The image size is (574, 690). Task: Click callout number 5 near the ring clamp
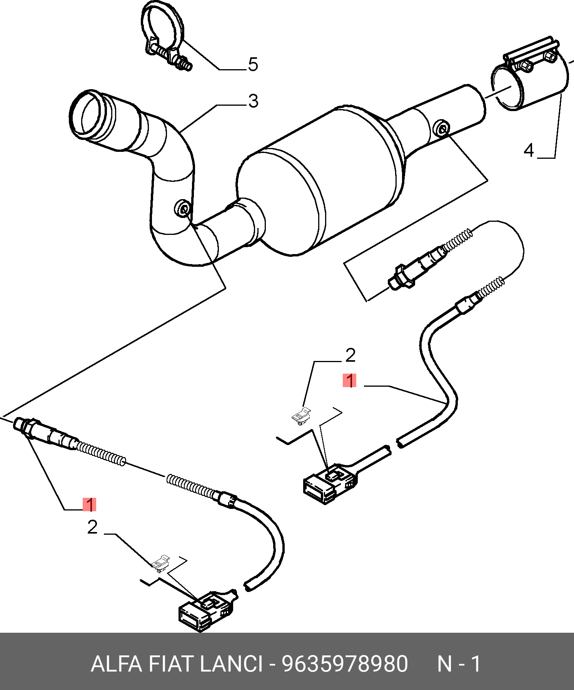(x=253, y=64)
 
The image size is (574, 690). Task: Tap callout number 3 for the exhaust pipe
(x=253, y=101)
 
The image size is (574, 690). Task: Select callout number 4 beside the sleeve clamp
(x=529, y=150)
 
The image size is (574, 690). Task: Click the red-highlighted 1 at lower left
(x=89, y=504)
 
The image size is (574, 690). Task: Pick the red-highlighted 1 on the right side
(x=350, y=381)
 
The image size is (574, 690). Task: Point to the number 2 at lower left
(x=92, y=527)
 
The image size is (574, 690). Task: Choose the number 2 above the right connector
(x=350, y=356)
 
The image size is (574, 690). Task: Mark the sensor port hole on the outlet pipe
(x=441, y=128)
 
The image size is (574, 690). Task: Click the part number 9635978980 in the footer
(x=344, y=664)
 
